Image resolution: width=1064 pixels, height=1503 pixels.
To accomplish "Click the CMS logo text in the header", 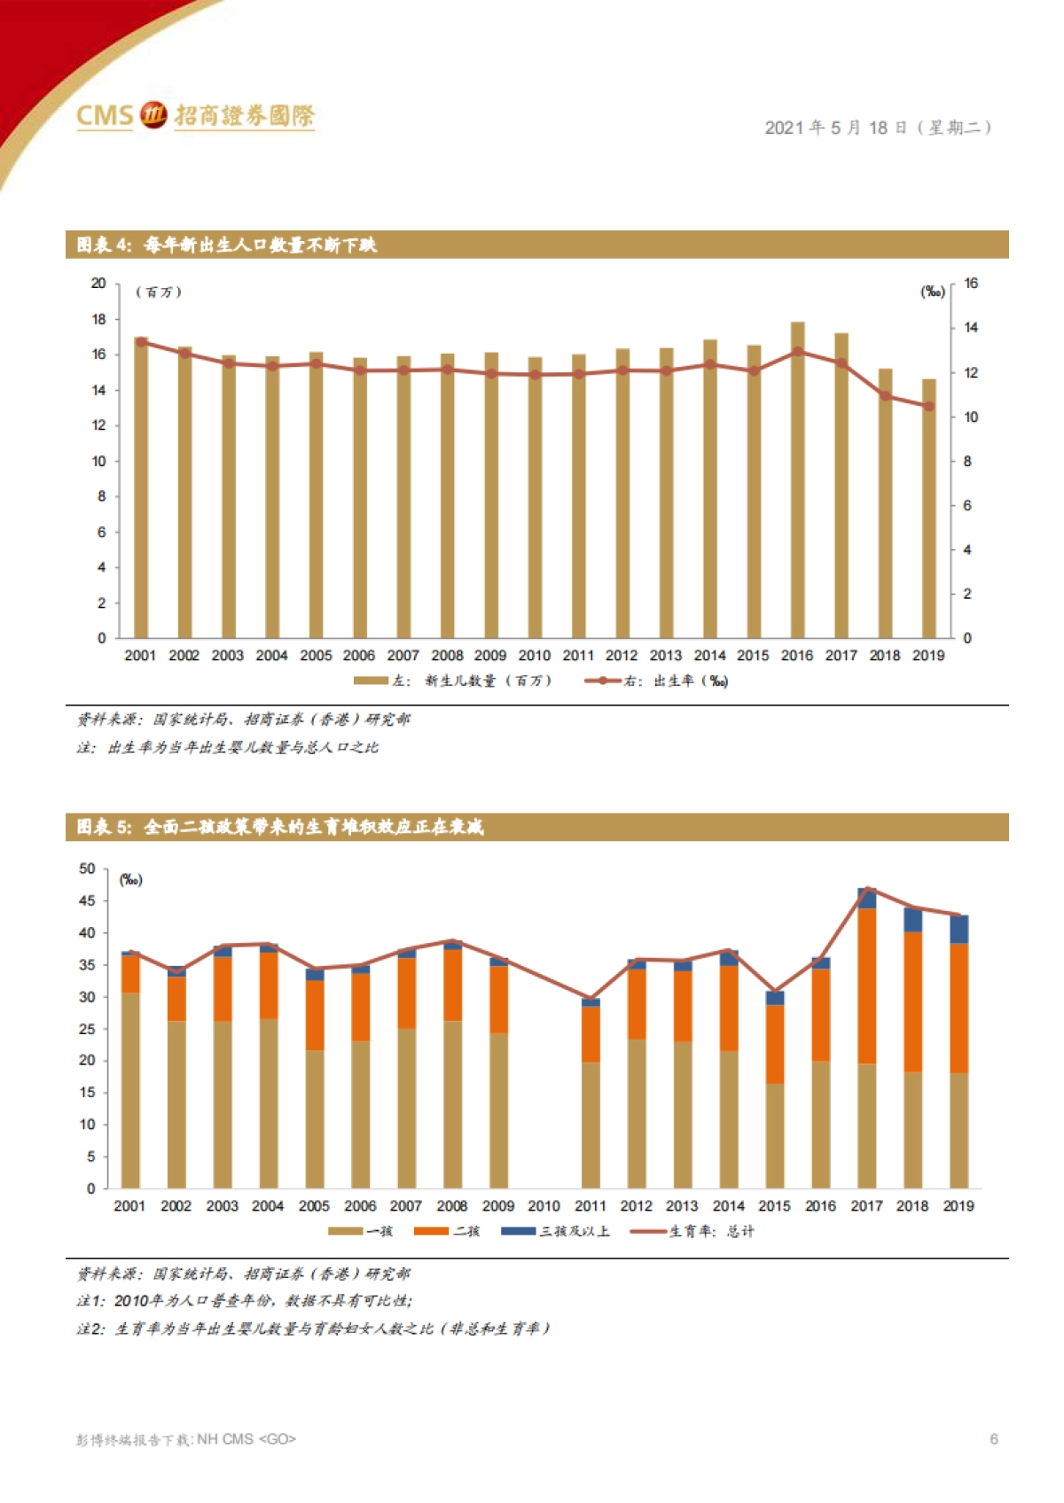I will coord(105,115).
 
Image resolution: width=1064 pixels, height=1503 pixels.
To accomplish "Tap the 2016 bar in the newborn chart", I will coord(797,479).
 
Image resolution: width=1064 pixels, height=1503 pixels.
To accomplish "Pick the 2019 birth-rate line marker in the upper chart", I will coord(929,406).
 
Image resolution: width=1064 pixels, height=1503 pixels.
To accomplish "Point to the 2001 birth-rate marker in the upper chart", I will coord(141,342).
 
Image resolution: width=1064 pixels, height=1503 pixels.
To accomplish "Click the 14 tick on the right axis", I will coord(971,328).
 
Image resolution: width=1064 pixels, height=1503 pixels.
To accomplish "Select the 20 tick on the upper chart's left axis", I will coord(98,284).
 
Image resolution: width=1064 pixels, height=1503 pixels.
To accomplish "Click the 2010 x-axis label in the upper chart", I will coord(534,656).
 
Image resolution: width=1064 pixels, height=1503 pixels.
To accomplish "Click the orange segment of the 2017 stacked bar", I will coord(866,985).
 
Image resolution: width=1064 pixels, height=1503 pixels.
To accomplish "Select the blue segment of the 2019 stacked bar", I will coord(958,929).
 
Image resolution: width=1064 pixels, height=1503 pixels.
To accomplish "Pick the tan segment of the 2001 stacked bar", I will coord(130,1090).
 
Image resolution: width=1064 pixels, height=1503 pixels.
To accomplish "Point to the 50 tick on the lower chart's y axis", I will coord(87,869).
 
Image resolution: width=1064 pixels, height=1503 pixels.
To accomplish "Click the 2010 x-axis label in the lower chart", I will coord(544,1206).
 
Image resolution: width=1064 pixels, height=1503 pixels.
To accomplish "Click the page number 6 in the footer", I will coord(994,1439).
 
